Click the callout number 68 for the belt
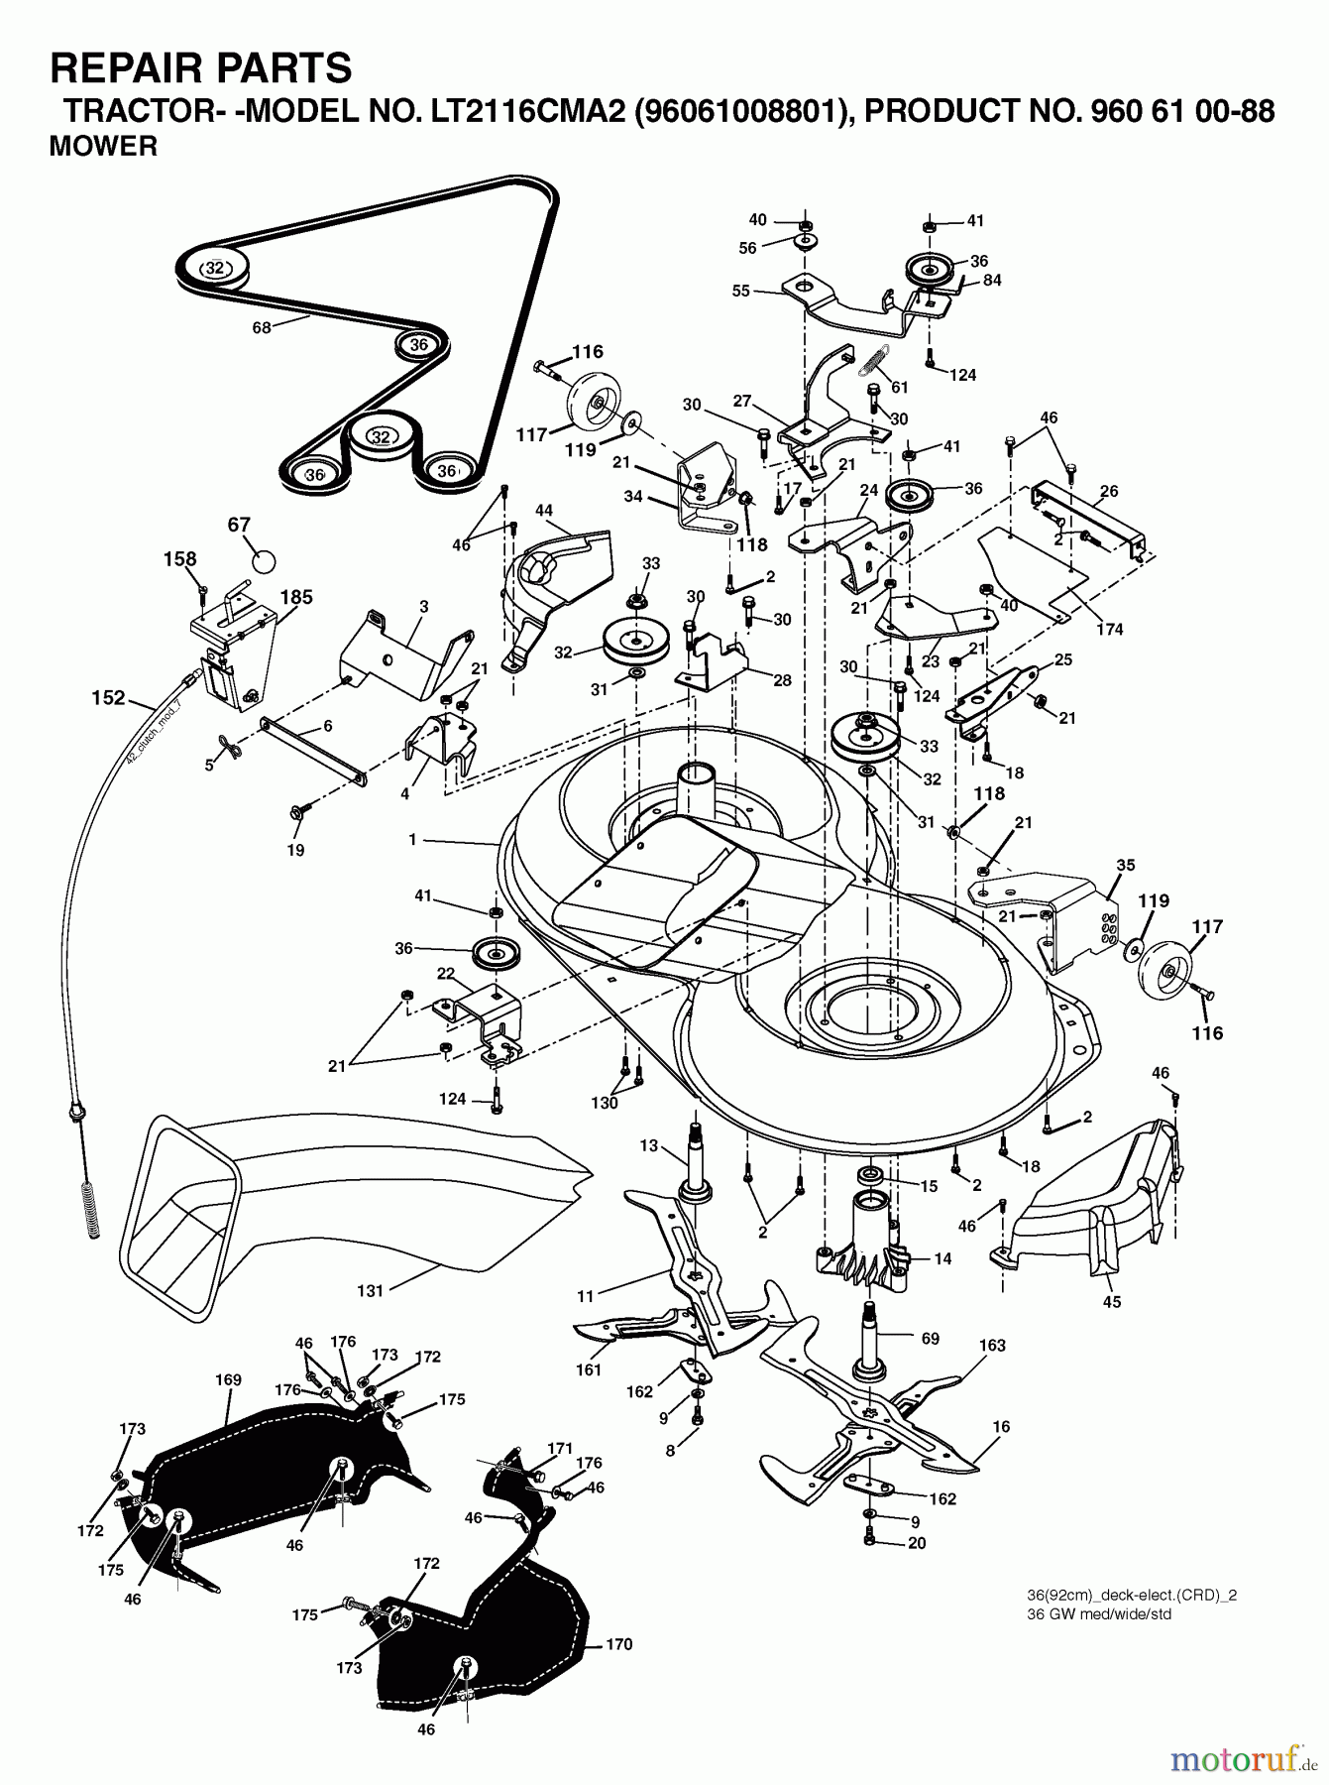pyautogui.click(x=262, y=327)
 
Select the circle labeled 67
pyautogui.click(x=263, y=560)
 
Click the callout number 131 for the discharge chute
pyautogui.click(x=370, y=1290)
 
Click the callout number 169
pyautogui.click(x=228, y=1379)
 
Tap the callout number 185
pyautogui.click(x=296, y=597)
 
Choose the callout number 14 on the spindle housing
pyautogui.click(x=942, y=1257)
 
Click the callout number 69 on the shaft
pyautogui.click(x=930, y=1339)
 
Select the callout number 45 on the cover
pyautogui.click(x=1112, y=1302)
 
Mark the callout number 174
pyautogui.click(x=1110, y=629)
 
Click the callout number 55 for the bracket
pyautogui.click(x=741, y=292)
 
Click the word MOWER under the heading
pyautogui.click(x=103, y=147)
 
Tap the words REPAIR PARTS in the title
pyautogui.click(x=201, y=68)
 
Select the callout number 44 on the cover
pyautogui.click(x=544, y=510)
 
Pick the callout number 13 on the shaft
pyautogui.click(x=648, y=1145)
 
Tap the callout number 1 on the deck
pyautogui.click(x=411, y=840)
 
